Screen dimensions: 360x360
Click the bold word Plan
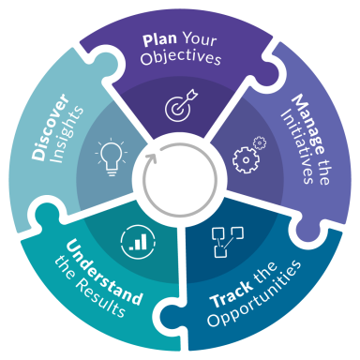point(159,40)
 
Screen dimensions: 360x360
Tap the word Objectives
point(181,57)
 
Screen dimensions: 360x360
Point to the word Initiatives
point(296,147)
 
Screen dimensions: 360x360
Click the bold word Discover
point(50,127)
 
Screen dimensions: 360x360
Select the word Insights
point(67,134)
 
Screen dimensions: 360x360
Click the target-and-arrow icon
point(181,105)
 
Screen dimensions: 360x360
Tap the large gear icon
point(246,160)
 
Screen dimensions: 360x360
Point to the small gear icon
point(260,143)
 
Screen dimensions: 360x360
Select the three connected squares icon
point(228,242)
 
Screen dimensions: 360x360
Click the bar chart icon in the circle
point(138,242)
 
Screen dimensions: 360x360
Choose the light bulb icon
point(112,157)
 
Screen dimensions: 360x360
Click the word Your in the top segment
point(200,39)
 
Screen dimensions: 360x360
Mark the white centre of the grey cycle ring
point(180,180)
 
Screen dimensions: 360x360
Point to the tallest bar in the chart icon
point(142,242)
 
